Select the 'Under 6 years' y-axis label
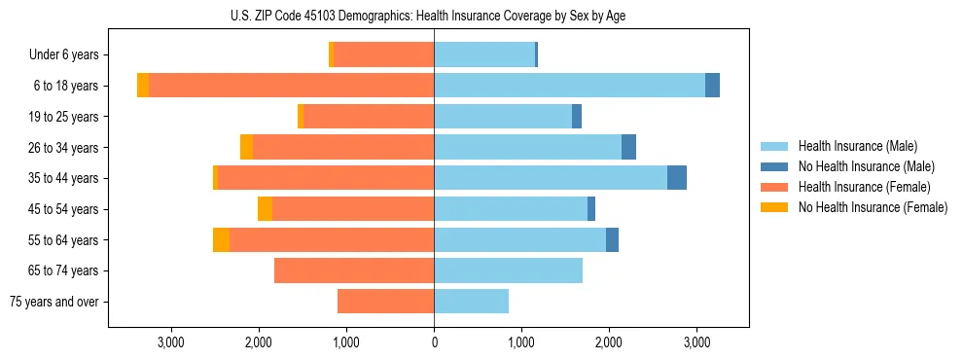click(x=62, y=55)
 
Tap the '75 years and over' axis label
click(x=54, y=302)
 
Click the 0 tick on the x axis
click(x=434, y=342)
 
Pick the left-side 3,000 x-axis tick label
click(x=171, y=342)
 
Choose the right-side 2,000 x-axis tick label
click(x=609, y=342)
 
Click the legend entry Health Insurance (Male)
click(x=857, y=146)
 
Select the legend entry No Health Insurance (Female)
click(x=873, y=207)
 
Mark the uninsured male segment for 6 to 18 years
click(x=712, y=86)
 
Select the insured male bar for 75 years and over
click(x=471, y=302)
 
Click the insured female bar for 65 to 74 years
click(x=354, y=270)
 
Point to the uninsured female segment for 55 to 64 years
click(x=221, y=240)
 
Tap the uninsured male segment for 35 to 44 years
click(x=677, y=178)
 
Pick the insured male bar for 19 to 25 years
click(x=503, y=117)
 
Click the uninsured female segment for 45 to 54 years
click(x=265, y=209)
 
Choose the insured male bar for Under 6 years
click(x=484, y=55)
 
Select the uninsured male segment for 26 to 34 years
click(x=628, y=148)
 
